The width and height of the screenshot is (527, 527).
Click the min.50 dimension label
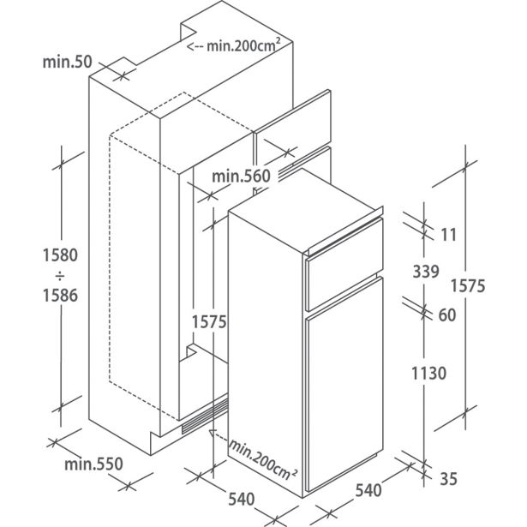(67, 62)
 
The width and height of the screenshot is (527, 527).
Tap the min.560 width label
(241, 176)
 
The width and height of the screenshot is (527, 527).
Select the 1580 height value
(60, 255)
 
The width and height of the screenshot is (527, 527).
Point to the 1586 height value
(60, 295)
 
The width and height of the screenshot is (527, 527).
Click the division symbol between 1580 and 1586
(60, 276)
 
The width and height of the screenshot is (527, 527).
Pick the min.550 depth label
(93, 464)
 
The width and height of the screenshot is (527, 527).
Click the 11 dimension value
(448, 235)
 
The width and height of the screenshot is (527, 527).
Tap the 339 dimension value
(426, 272)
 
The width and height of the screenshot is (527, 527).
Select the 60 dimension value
(447, 315)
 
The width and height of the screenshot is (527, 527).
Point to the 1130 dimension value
(428, 373)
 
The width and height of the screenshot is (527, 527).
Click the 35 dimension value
(448, 479)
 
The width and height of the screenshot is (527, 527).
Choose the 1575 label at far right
(468, 286)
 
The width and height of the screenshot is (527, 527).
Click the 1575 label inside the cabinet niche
(209, 322)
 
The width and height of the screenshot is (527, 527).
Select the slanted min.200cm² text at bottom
(262, 458)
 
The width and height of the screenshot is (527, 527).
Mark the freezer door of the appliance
(344, 265)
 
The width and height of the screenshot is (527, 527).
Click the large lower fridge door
(344, 384)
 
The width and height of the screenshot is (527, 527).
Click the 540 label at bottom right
(368, 490)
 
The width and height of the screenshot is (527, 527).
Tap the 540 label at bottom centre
(242, 499)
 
